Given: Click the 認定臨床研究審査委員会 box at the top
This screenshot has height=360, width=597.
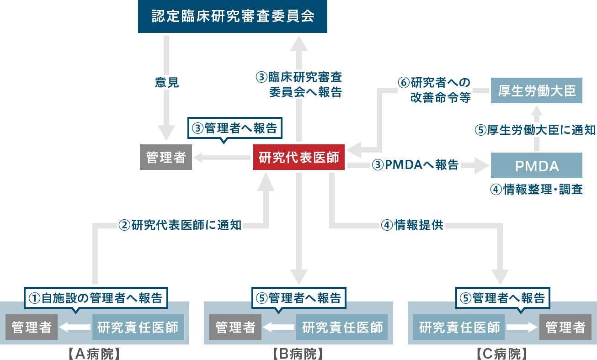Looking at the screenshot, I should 233,16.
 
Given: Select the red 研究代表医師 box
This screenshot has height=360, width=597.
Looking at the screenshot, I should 298,158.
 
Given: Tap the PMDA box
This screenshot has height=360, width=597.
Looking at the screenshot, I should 536,166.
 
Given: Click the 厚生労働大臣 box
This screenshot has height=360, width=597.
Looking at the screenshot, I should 536,91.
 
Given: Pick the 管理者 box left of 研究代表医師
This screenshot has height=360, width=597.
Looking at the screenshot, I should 166,158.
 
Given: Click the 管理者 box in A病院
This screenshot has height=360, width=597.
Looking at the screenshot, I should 32,327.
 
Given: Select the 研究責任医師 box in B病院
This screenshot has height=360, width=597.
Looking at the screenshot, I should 342,327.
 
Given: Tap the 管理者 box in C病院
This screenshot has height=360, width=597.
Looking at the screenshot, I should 565,327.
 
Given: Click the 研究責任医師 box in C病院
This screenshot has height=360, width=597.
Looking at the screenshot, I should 459,327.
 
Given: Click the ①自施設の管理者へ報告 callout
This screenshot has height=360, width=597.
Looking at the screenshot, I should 96,298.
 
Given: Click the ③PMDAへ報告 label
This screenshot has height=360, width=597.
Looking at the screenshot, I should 415,165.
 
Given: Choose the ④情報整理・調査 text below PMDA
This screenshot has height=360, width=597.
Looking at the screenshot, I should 536,189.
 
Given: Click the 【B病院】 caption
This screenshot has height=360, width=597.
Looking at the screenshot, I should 298,353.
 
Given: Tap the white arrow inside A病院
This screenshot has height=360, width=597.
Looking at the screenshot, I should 75,327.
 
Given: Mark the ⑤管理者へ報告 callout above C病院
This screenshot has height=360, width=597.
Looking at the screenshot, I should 502,298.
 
